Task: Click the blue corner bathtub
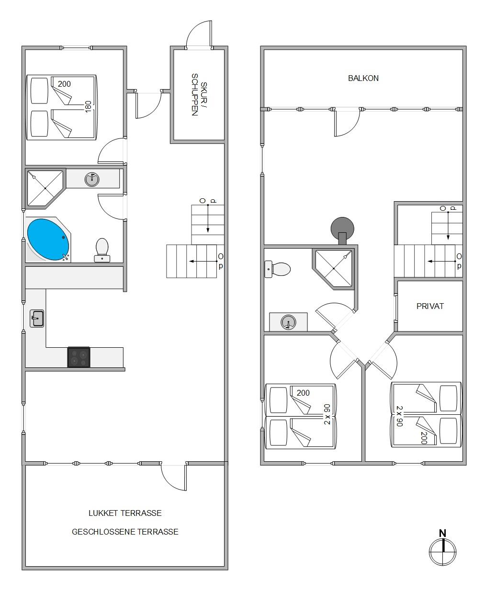pyautogui.click(x=48, y=239)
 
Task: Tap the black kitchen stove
pyautogui.click(x=79, y=357)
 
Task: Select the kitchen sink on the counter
pyautogui.click(x=37, y=318)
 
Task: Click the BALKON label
pyautogui.click(x=363, y=78)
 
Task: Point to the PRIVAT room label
pyautogui.click(x=430, y=306)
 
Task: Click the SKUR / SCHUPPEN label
pyautogui.click(x=199, y=94)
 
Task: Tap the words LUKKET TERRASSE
pyautogui.click(x=125, y=513)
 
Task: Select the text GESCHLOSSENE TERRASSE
pyautogui.click(x=125, y=532)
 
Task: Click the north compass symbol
pyautogui.click(x=443, y=552)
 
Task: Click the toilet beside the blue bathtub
pyautogui.click(x=102, y=250)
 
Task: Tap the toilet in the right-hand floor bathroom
pyautogui.click(x=277, y=269)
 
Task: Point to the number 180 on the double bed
pyautogui.click(x=88, y=106)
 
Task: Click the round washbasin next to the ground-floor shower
pyautogui.click(x=92, y=179)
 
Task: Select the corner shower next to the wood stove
pyautogui.click(x=333, y=269)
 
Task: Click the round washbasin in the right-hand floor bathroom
pyautogui.click(x=288, y=322)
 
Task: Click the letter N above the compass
pyautogui.click(x=443, y=533)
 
